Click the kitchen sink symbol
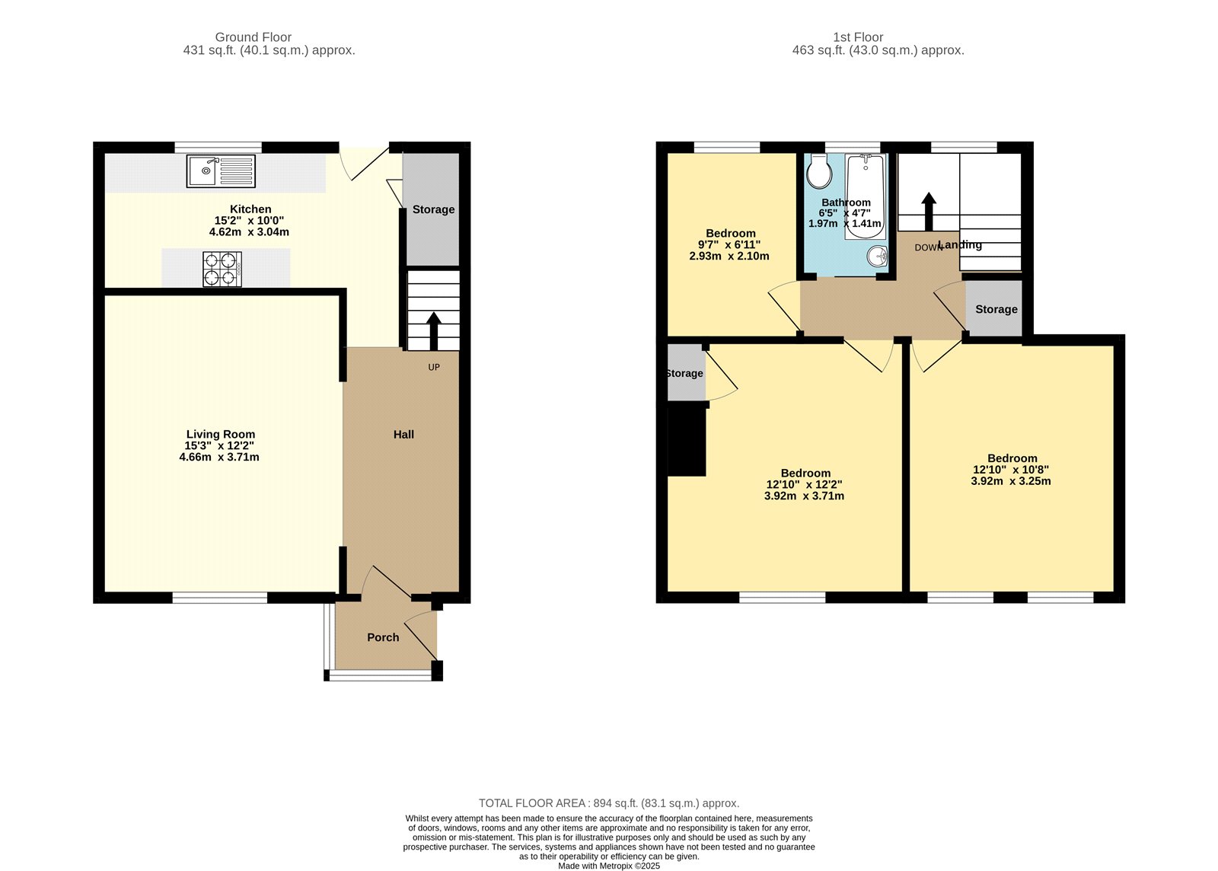click(221, 171)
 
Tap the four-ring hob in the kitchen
click(222, 269)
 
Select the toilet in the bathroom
click(819, 171)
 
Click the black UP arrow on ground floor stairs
click(433, 330)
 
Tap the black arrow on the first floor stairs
click(929, 210)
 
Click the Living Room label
click(221, 434)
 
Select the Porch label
click(383, 637)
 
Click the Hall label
click(403, 434)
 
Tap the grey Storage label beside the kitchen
click(433, 209)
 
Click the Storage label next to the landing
click(996, 309)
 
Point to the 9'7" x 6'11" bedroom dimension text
click(729, 244)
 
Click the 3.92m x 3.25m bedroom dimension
click(1011, 481)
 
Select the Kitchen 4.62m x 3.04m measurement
click(249, 231)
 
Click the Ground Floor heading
click(253, 37)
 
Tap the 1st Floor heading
click(858, 37)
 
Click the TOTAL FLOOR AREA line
click(609, 803)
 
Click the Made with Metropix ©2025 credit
click(609, 866)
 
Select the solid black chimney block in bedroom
click(686, 442)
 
